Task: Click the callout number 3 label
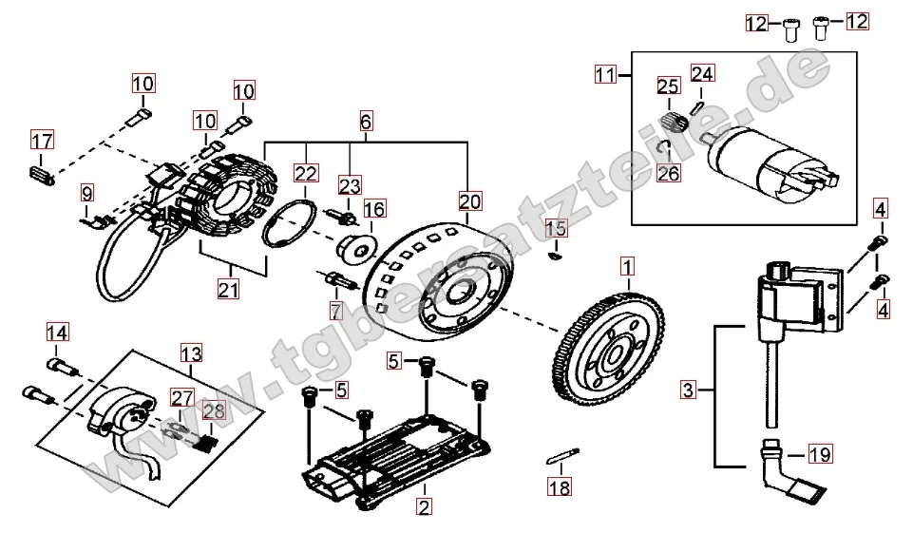click(689, 390)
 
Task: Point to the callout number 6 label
click(366, 122)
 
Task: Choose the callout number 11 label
click(605, 73)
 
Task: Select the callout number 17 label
click(42, 143)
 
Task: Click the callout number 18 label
click(561, 488)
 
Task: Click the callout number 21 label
click(228, 291)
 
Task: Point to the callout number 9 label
click(87, 194)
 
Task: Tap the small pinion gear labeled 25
click(673, 122)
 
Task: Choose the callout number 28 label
click(214, 411)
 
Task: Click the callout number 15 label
click(557, 228)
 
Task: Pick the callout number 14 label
click(58, 333)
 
